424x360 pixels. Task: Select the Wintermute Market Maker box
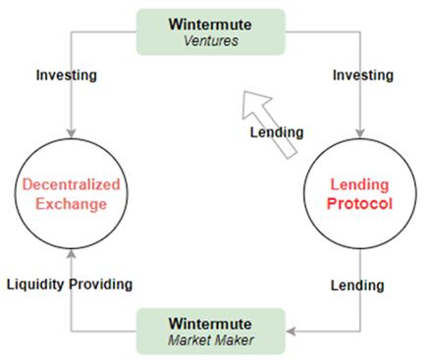coord(211,330)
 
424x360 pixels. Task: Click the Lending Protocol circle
coord(359,192)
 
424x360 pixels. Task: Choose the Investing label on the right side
coord(362,75)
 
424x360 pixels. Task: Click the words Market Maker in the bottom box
coord(211,339)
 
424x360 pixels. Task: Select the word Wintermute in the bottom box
coord(211,321)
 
